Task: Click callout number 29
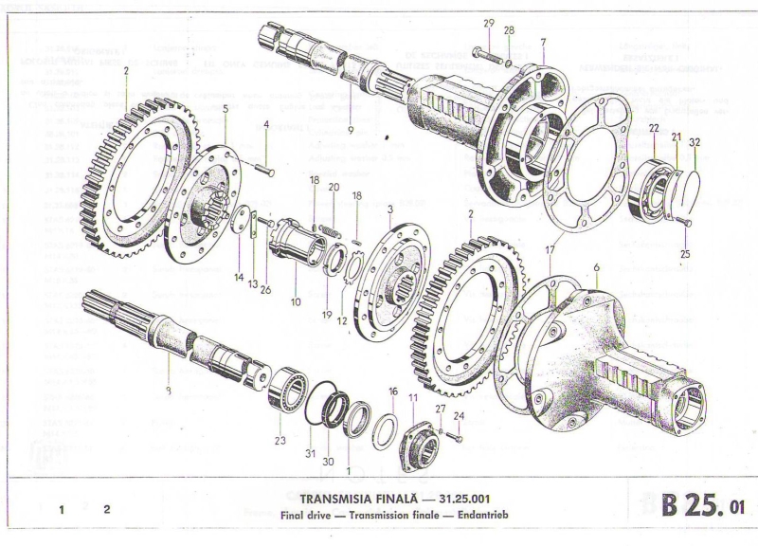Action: click(488, 23)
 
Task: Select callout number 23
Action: click(279, 440)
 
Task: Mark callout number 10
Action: click(295, 302)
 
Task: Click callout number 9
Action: click(350, 129)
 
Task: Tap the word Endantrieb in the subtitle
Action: click(465, 515)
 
